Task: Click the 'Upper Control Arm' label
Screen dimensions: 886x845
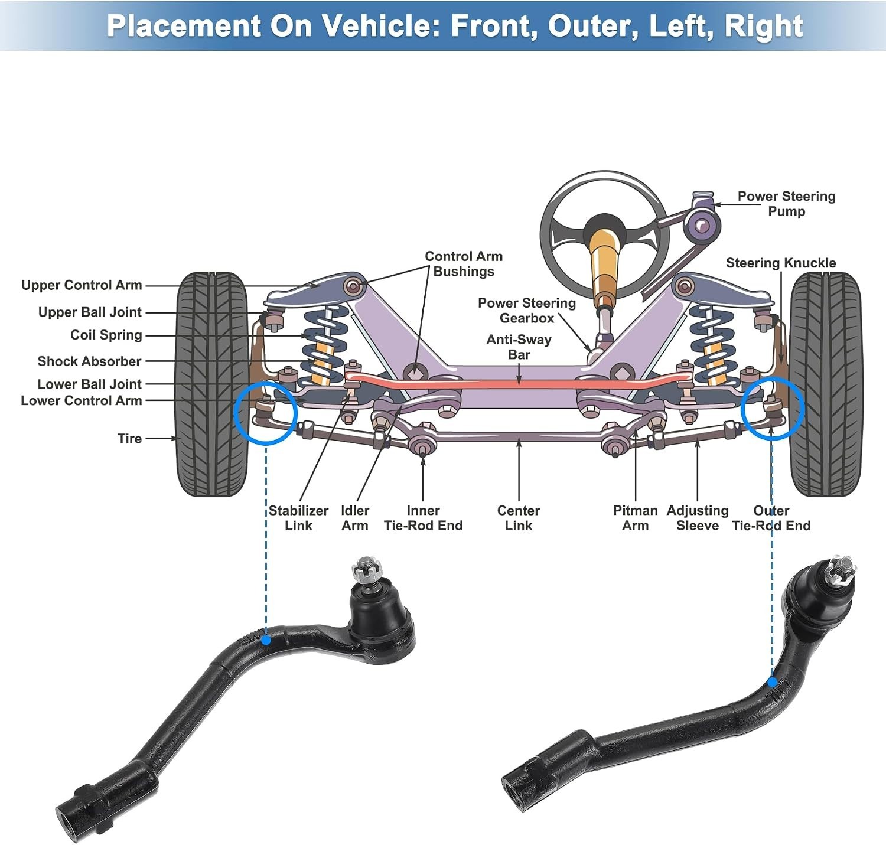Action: [82, 285]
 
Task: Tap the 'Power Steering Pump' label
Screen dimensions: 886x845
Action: [786, 204]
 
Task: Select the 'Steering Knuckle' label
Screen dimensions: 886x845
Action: [780, 263]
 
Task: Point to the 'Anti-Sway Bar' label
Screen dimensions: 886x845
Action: [519, 347]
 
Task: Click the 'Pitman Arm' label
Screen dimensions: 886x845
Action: [635, 518]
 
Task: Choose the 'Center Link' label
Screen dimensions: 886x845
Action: [518, 518]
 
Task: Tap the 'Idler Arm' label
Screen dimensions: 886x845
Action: [354, 518]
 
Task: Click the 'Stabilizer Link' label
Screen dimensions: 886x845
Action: [298, 518]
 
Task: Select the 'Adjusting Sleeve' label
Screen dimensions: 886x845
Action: [697, 518]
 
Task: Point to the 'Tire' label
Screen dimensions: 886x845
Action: [129, 439]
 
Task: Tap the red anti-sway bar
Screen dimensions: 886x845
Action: [518, 383]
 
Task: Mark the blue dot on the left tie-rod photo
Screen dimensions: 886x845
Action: [266, 640]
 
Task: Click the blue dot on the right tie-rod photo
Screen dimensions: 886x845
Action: [773, 682]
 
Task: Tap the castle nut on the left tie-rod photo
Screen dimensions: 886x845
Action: [366, 570]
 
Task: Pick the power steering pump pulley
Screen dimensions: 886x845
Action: [701, 225]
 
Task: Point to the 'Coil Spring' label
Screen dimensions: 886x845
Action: [106, 335]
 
